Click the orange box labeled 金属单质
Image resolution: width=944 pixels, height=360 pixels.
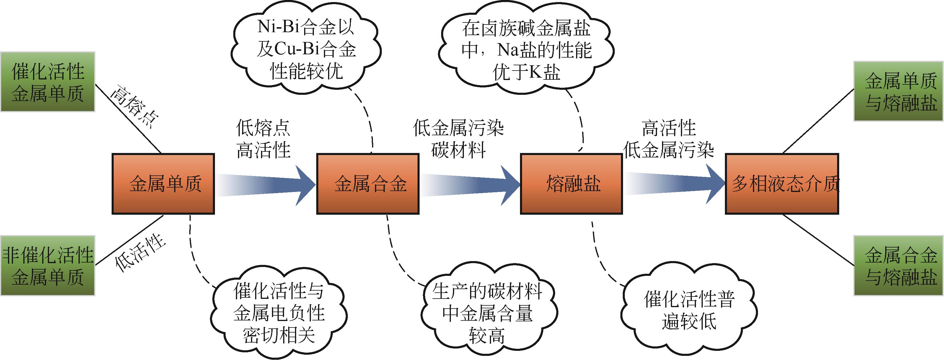click(163, 184)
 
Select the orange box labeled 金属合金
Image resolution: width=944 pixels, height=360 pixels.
click(368, 184)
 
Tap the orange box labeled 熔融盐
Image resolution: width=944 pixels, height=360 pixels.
click(571, 184)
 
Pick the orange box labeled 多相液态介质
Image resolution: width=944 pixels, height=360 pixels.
click(782, 184)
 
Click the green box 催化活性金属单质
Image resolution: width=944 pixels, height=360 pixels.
click(48, 82)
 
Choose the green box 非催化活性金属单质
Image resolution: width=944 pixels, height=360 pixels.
click(48, 265)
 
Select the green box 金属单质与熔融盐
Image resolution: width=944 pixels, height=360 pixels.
click(899, 91)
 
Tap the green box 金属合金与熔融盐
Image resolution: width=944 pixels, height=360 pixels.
click(899, 265)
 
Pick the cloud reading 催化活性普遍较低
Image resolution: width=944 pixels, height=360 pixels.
click(689, 310)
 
